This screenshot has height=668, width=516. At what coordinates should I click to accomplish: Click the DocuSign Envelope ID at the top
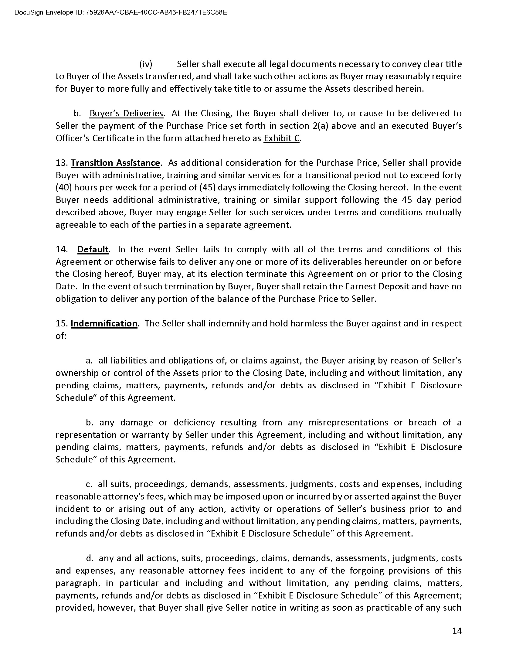pos(121,12)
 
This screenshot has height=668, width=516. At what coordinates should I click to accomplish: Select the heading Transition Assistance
pos(115,163)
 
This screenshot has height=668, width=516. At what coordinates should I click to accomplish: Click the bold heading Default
pos(93,249)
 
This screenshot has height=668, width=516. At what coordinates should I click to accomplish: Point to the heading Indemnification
pos(104,323)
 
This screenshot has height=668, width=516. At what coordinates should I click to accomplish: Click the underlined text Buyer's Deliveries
pos(126,114)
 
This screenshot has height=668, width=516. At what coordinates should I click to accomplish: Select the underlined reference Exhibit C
pos(282,138)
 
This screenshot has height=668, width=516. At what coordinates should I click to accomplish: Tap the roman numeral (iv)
pos(146,64)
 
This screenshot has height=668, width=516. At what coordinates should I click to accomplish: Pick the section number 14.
pos(61,249)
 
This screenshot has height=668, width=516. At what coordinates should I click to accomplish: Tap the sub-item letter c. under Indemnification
pos(89,484)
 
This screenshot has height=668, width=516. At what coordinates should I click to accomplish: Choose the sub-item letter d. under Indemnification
pos(90,558)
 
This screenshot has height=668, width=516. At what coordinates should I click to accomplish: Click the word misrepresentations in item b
pos(348,422)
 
